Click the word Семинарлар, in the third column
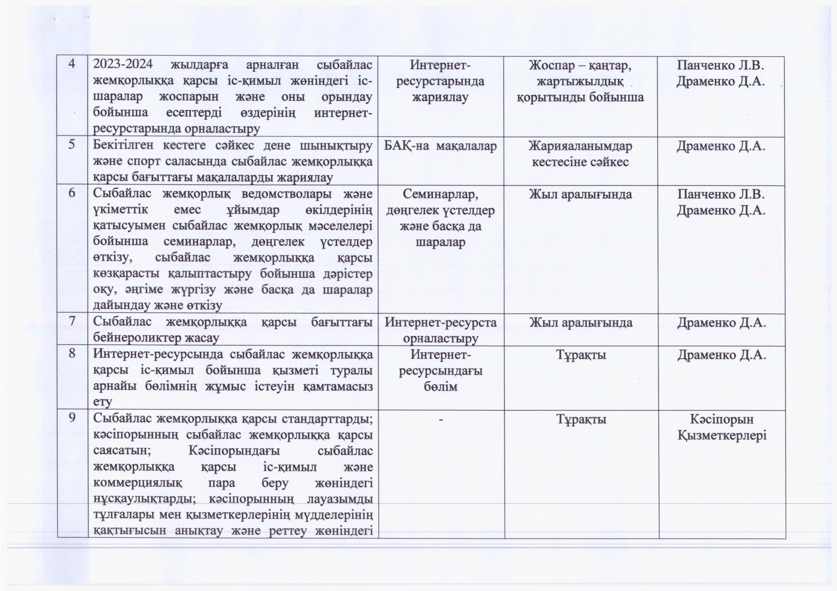(x=440, y=194)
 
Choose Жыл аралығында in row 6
(x=580, y=194)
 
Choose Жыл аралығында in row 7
(x=580, y=323)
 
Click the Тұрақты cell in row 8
(x=580, y=355)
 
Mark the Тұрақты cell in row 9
(x=580, y=419)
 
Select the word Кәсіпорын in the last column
(x=721, y=419)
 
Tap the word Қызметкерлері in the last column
(x=721, y=435)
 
